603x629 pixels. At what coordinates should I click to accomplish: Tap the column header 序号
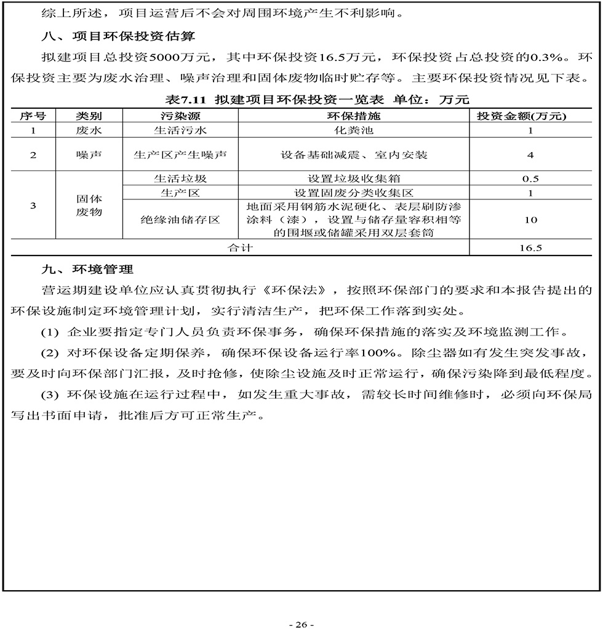33,115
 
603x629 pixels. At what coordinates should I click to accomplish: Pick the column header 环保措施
353,115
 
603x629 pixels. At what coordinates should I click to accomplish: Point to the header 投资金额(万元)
530,115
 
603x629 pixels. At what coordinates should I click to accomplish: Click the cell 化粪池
353,130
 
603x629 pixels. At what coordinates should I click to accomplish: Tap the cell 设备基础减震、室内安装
353,154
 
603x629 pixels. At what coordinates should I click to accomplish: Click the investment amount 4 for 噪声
530,155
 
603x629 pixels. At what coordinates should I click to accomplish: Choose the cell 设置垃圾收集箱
353,178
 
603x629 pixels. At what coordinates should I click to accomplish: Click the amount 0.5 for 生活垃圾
530,179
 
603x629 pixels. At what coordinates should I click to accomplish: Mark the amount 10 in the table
530,220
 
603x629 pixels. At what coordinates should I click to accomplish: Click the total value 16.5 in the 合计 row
530,248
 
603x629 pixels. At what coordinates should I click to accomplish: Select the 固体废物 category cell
89,206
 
